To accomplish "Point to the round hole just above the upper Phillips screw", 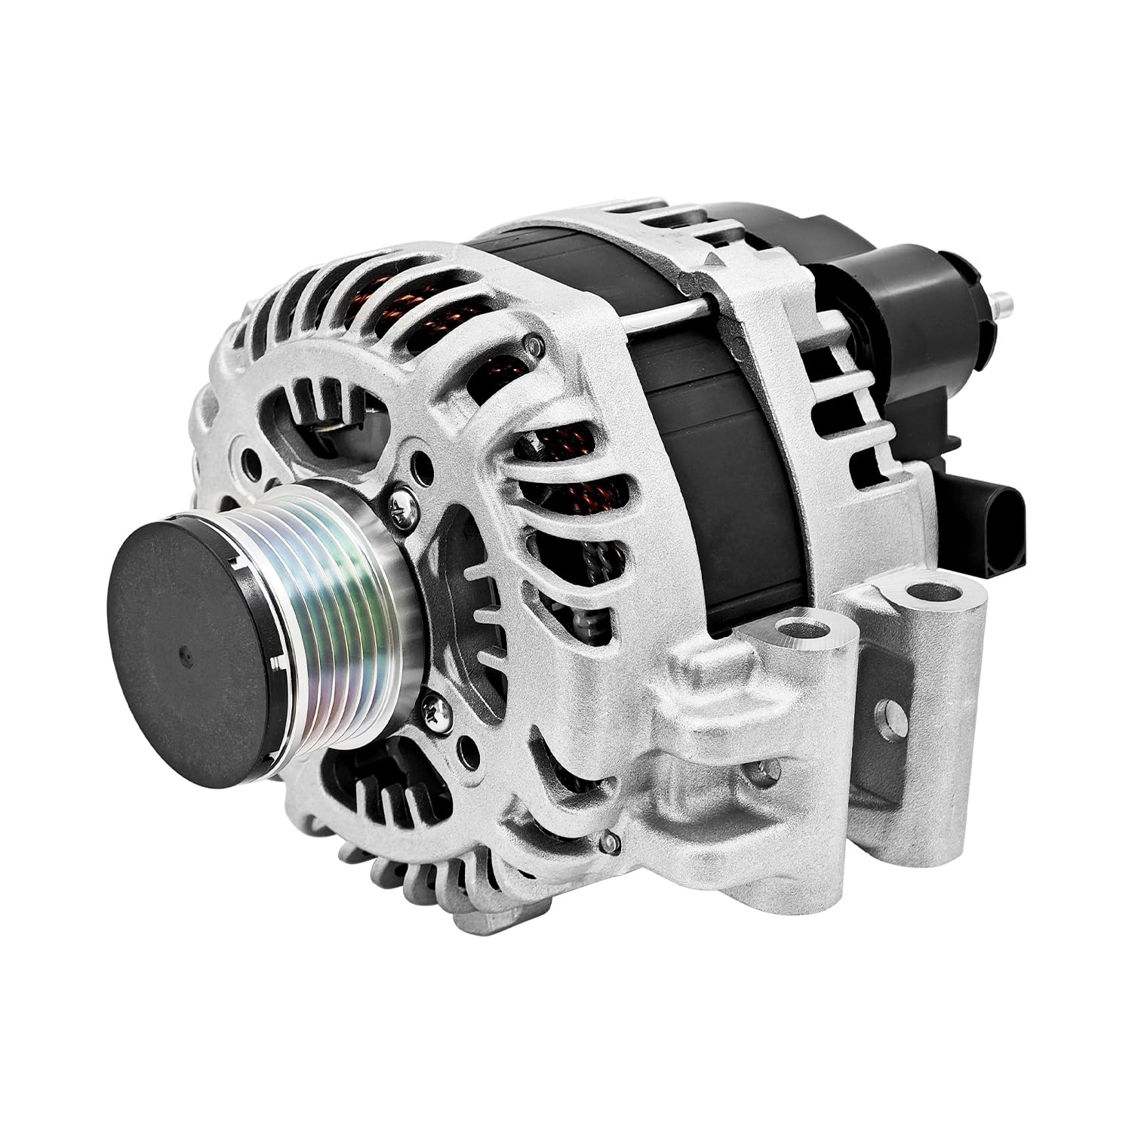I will click(425, 460).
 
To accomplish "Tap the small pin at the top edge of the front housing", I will click(535, 344).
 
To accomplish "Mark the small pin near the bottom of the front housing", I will click(610, 839).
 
